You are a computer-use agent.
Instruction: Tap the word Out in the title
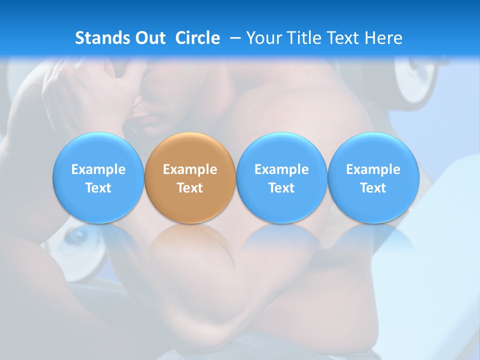click(x=149, y=38)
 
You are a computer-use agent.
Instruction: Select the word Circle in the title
click(x=197, y=38)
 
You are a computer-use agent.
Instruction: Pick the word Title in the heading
click(x=304, y=38)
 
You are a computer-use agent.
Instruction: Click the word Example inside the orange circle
click(x=190, y=169)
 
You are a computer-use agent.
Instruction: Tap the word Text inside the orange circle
click(x=190, y=188)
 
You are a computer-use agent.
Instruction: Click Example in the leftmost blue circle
click(x=98, y=169)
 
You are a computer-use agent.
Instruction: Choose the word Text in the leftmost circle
click(x=98, y=188)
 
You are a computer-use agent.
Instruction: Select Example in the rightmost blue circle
click(x=373, y=169)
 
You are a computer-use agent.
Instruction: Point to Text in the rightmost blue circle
click(x=373, y=188)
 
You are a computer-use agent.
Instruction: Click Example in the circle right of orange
click(x=281, y=169)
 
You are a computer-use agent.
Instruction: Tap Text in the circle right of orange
click(x=281, y=188)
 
